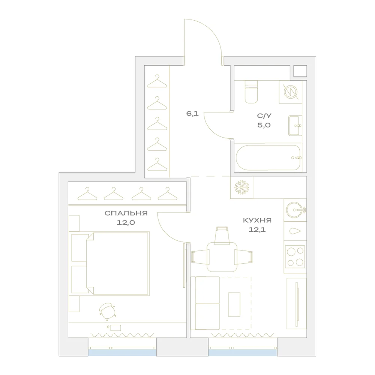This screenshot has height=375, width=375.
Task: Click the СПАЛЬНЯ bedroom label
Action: [x=126, y=213]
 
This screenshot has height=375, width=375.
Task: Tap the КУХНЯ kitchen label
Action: [x=257, y=220]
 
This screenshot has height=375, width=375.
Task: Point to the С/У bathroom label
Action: [x=264, y=116]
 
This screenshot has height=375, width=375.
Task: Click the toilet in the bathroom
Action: [x=251, y=91]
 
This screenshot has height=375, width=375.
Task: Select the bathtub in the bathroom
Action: [x=268, y=158]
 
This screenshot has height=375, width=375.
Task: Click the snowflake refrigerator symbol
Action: [x=242, y=187]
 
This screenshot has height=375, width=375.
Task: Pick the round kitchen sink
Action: [x=295, y=210]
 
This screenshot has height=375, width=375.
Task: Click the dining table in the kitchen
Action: [x=222, y=257]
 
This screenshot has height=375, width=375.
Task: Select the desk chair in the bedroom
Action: [x=108, y=312]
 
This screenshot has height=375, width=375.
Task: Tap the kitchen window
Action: [x=243, y=352]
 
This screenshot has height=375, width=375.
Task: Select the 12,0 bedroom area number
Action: [x=126, y=223]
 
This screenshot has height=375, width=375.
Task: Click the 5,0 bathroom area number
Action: [x=264, y=125]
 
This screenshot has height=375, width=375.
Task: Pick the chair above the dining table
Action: [x=222, y=235]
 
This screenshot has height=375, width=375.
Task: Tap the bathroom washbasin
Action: [x=295, y=126]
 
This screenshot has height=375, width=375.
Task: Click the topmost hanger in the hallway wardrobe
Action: [x=157, y=81]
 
